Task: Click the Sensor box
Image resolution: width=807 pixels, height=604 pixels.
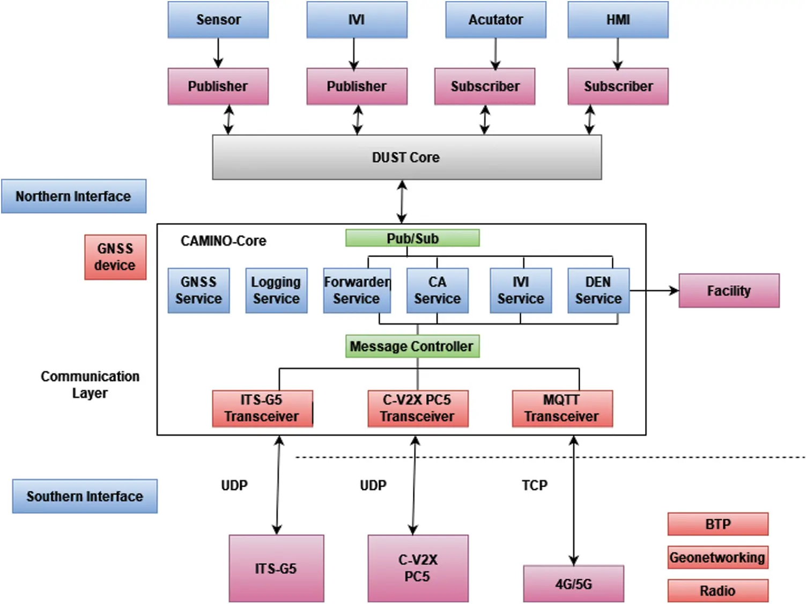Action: click(x=218, y=20)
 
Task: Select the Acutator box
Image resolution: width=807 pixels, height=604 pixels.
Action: click(x=495, y=20)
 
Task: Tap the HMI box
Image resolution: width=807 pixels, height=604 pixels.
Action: click(x=618, y=20)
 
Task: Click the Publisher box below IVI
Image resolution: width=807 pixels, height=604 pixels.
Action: click(x=357, y=86)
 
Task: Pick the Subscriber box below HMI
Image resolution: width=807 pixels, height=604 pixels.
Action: click(x=618, y=86)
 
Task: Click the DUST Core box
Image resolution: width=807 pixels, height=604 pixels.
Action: click(x=406, y=157)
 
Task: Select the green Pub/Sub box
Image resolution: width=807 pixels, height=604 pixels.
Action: click(x=412, y=238)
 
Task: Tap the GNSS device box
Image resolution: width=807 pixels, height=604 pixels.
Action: click(x=115, y=257)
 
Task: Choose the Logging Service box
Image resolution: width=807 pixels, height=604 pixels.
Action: click(x=276, y=290)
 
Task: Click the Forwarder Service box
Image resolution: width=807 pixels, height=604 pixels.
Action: click(x=357, y=290)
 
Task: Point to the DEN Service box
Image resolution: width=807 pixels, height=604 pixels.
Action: click(x=598, y=290)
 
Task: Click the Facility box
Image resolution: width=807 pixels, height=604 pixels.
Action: click(x=729, y=291)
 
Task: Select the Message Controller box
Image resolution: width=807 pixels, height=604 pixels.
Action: click(x=412, y=347)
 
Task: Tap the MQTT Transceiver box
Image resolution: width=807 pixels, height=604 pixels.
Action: click(x=562, y=409)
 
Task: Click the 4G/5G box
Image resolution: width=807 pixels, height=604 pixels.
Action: click(x=573, y=584)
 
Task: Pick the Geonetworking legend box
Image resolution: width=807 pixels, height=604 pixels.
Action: click(x=717, y=557)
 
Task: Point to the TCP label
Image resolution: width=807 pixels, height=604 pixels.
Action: click(x=535, y=485)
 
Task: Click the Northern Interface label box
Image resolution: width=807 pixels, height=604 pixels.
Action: click(x=73, y=196)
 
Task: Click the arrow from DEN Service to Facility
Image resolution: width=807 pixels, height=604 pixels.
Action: click(x=654, y=291)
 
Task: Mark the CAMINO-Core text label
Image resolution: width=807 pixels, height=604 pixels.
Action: click(x=223, y=241)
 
